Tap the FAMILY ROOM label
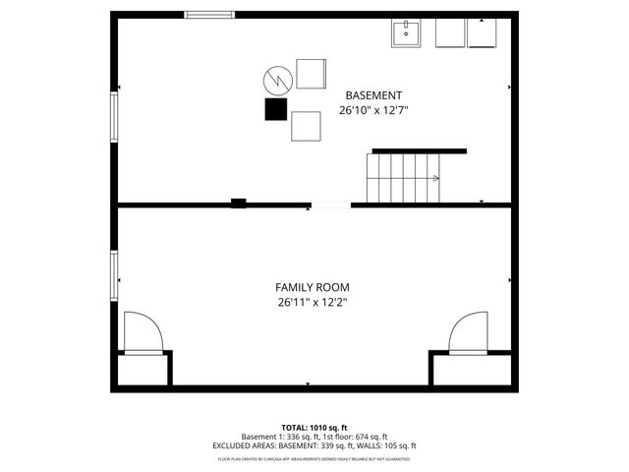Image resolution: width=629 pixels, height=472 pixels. coord(312,287)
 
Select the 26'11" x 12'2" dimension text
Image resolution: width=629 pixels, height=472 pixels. coord(312,303)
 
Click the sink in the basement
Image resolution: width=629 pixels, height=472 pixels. coord(406,33)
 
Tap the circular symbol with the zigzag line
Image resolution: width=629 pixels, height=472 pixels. coord(276,79)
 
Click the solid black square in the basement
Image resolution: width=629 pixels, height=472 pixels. coord(275,109)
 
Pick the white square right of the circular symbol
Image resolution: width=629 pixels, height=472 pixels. coord(311,75)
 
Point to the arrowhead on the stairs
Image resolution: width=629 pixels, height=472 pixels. coord(434,178)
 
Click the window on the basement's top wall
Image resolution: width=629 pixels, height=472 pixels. coord(209,15)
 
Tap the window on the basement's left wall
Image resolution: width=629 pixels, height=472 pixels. coord(115,116)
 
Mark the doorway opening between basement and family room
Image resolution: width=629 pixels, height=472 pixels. coord(330,206)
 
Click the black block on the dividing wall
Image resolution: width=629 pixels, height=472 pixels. coord(238,204)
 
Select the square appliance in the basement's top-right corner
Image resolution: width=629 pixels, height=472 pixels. coord(483,33)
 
